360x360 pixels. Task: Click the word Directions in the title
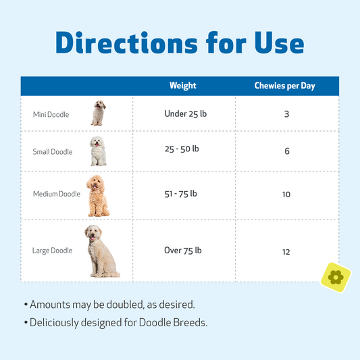[126, 43]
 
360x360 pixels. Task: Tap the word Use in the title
[279, 43]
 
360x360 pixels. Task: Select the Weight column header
[183, 86]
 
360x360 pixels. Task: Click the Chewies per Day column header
[285, 86]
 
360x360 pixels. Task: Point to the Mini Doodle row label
[51, 114]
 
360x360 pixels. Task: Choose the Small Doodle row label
[53, 151]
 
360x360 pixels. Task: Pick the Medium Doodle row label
[57, 194]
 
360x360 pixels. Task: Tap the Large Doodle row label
[52, 251]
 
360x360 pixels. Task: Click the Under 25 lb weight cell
[186, 114]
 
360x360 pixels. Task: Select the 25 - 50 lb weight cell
[182, 149]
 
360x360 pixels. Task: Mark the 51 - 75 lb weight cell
[181, 194]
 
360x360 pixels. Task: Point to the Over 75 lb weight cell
[183, 251]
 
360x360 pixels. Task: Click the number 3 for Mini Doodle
[286, 114]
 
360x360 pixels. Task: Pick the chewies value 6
[287, 151]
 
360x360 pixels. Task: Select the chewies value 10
[286, 195]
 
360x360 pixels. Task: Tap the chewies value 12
[286, 252]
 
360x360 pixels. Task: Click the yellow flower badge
[336, 278]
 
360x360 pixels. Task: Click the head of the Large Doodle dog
[93, 232]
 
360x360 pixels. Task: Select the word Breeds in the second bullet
[190, 323]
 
